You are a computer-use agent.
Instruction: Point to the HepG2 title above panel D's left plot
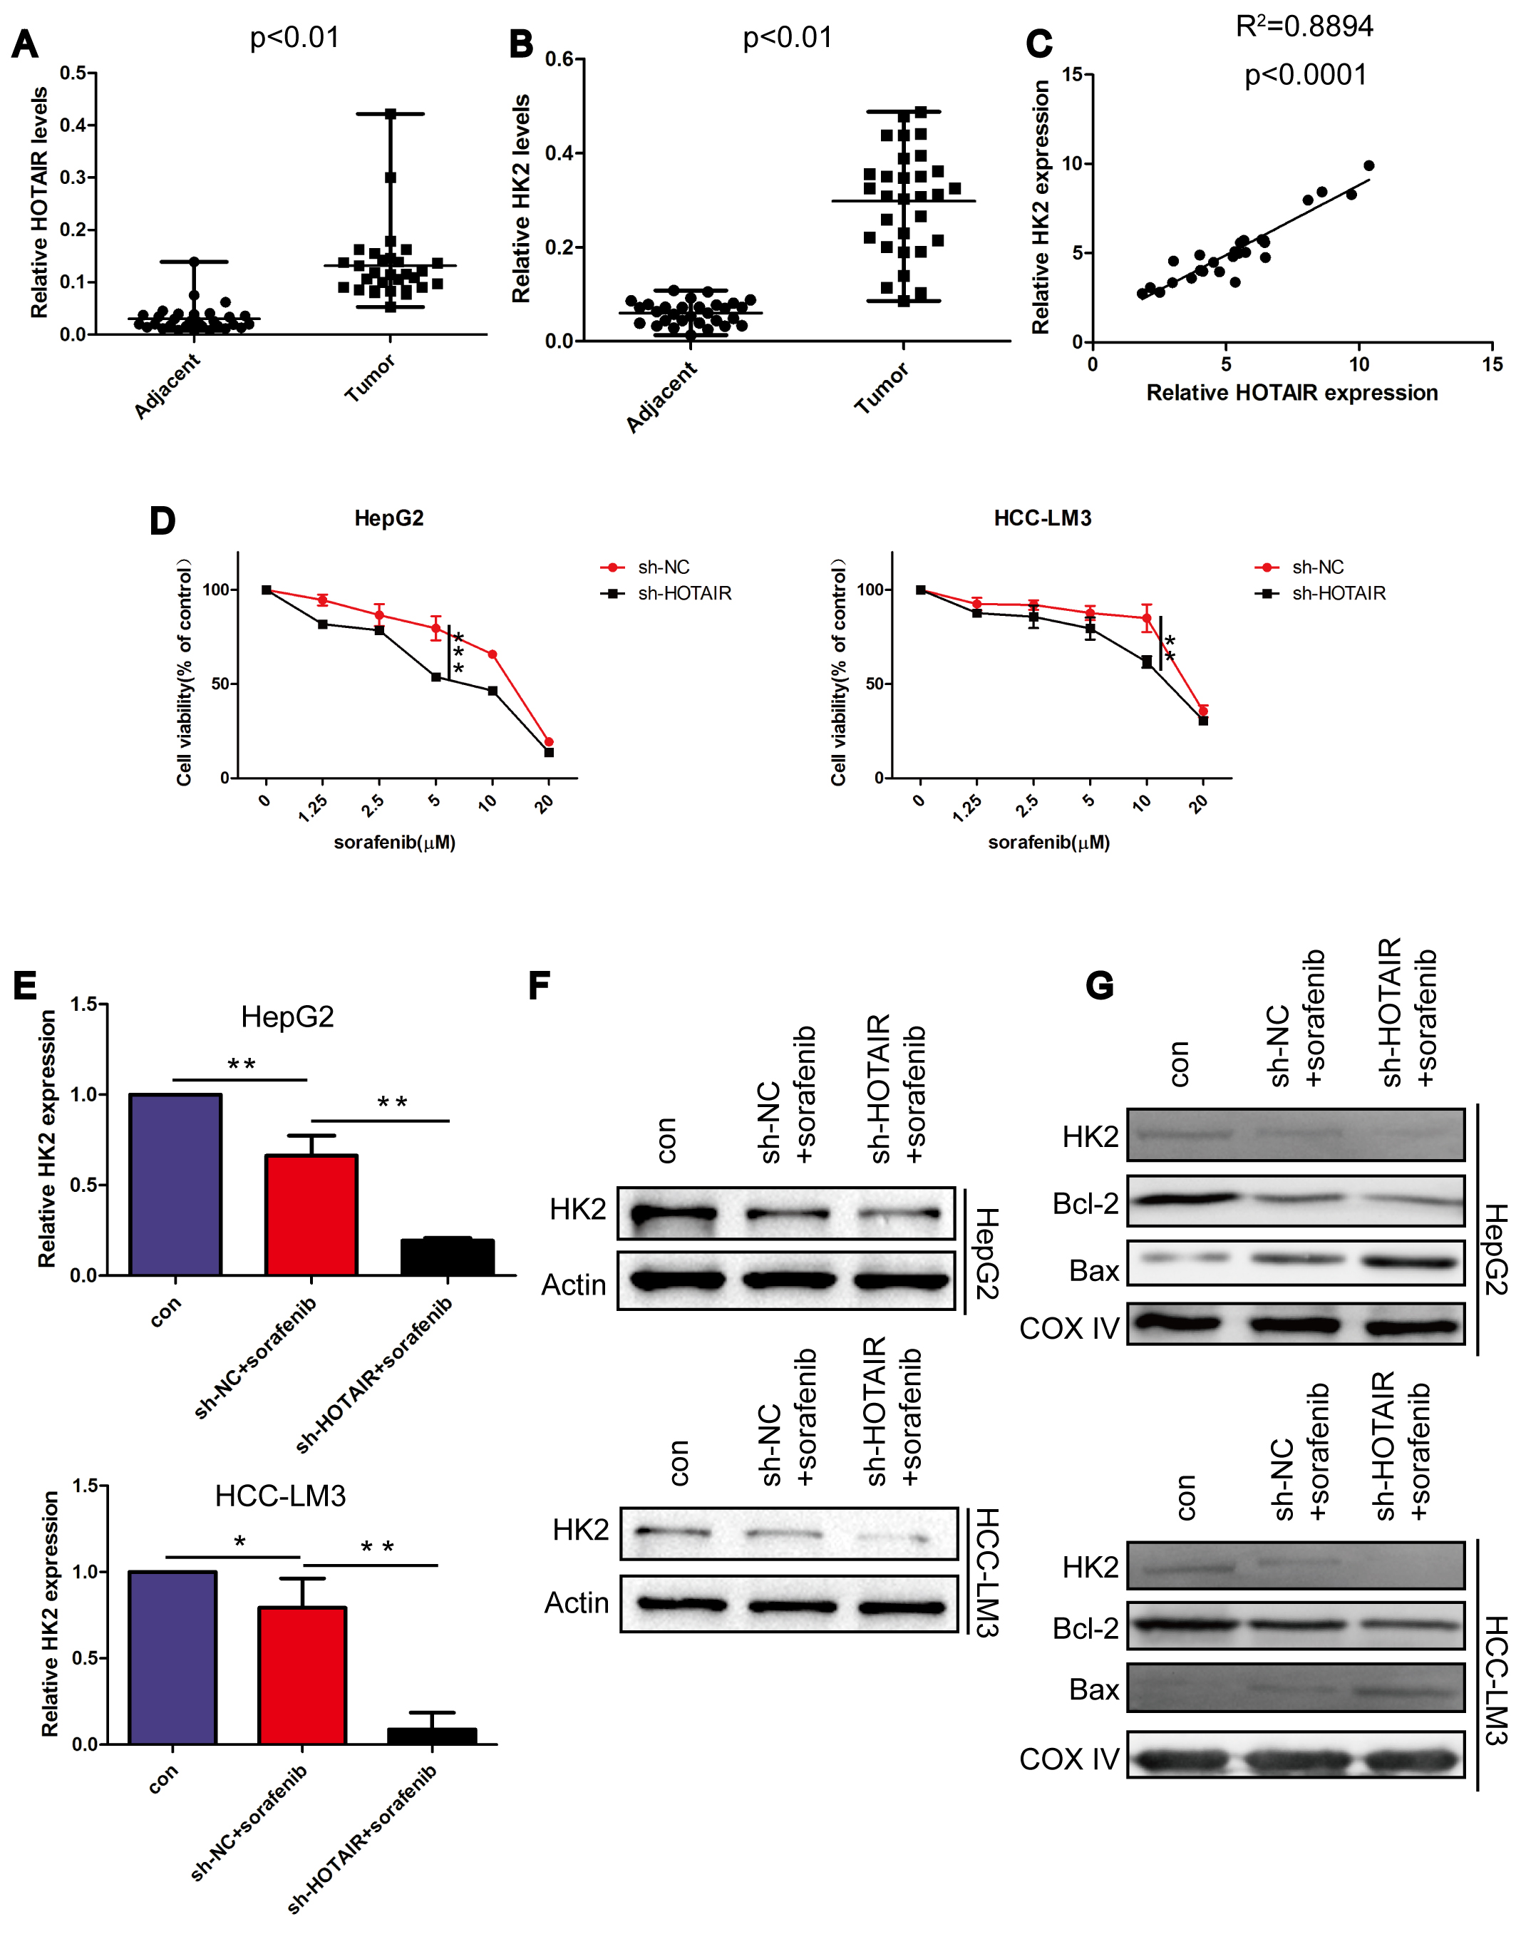pos(388,518)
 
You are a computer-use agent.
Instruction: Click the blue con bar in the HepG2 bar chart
pos(176,1185)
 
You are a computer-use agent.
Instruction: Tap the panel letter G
pos(1099,986)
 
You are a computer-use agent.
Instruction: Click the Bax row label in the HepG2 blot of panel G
pos(1093,1271)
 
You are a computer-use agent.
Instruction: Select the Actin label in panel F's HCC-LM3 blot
pos(577,1603)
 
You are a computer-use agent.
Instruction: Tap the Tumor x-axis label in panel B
pos(882,389)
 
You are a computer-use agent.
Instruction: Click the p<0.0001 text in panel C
pos(1305,76)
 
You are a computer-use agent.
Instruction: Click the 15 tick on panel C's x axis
pos(1492,364)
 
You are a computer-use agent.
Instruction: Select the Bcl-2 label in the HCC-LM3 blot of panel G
pos(1085,1629)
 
